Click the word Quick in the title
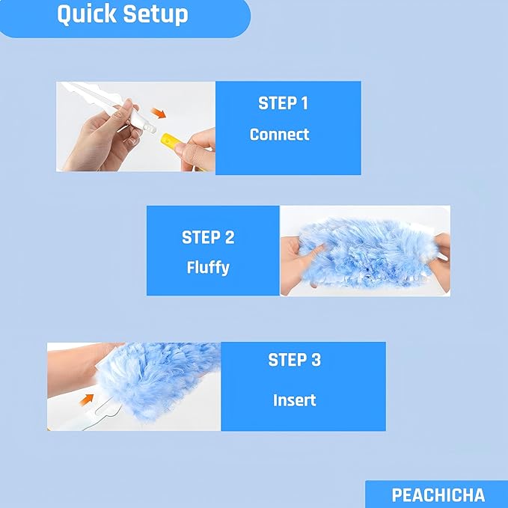tap(86, 14)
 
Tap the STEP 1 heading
tap(283, 103)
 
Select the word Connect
tap(279, 135)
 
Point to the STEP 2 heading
tap(208, 238)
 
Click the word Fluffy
tap(207, 267)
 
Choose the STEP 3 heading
tap(294, 360)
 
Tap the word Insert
tap(294, 400)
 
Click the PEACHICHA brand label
tap(438, 495)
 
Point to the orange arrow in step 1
tap(157, 114)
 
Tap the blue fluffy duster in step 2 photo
tap(359, 251)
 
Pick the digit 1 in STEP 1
tap(303, 103)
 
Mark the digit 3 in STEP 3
tap(316, 360)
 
